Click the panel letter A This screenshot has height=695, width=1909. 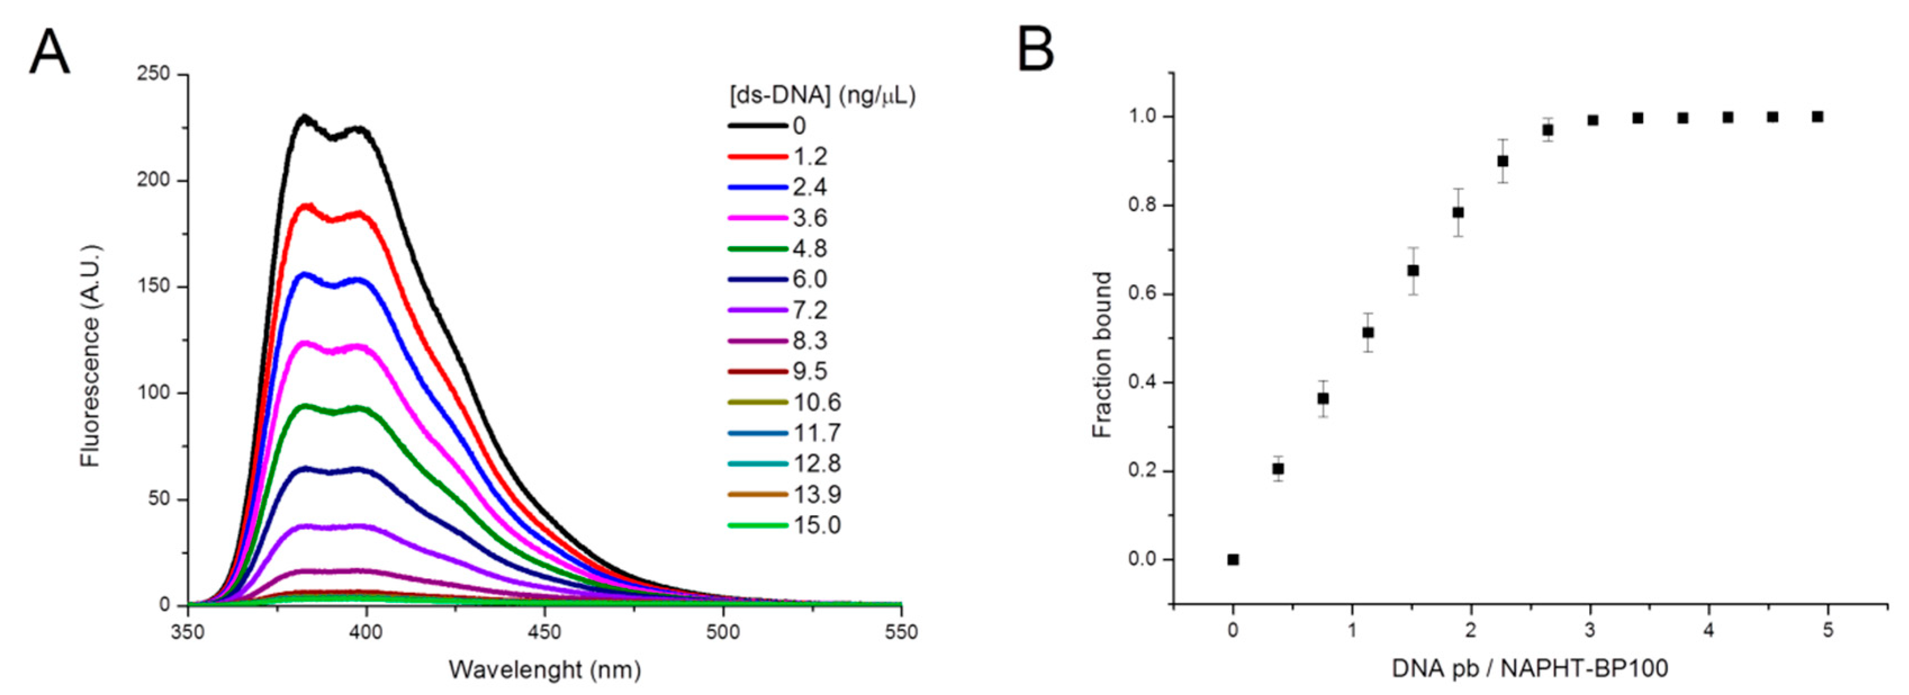pyautogui.click(x=49, y=53)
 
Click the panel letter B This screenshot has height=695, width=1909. pyautogui.click(x=1035, y=49)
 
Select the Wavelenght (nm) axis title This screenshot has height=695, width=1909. pyautogui.click(x=545, y=670)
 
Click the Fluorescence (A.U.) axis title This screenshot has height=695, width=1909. pyautogui.click(x=90, y=355)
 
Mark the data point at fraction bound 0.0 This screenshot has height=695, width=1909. pyautogui.click(x=1233, y=560)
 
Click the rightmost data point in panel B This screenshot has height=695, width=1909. pyautogui.click(x=1817, y=116)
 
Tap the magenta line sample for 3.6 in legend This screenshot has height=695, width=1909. pyautogui.click(x=757, y=218)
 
